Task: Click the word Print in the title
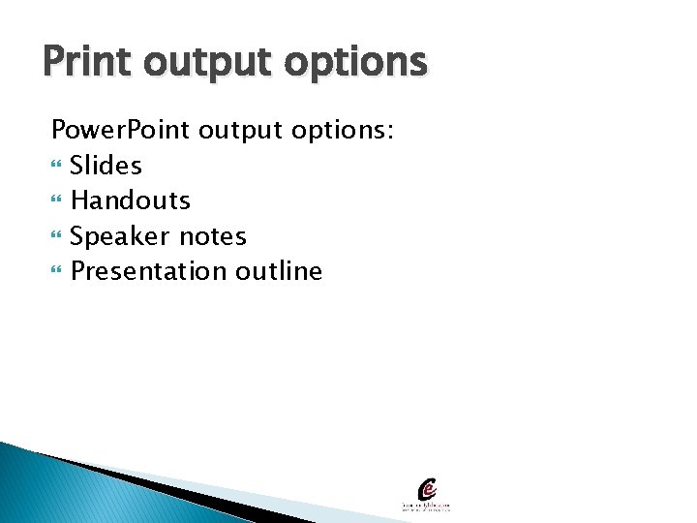point(84,62)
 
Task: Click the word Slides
point(106,166)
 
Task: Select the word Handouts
point(131,200)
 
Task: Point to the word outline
point(279,271)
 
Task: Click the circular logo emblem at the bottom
point(427,489)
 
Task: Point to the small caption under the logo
point(427,507)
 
